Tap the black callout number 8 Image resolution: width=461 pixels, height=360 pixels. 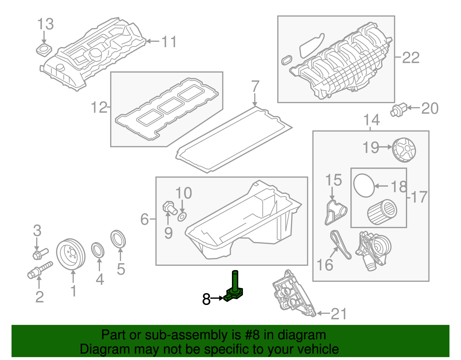pos(206,299)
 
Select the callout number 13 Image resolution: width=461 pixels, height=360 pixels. pos(46,24)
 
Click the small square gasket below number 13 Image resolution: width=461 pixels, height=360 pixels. pos(44,50)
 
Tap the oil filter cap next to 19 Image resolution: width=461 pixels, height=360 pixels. pos(404,150)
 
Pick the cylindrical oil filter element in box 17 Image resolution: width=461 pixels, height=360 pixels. pos(382,212)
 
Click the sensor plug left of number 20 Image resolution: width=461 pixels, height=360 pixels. pos(398,110)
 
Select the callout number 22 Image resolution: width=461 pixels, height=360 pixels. pos(411,58)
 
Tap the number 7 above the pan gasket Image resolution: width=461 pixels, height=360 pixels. pos(255,86)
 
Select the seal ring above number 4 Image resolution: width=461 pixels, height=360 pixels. pos(98,250)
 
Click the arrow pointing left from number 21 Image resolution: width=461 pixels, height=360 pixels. pos(323,313)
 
